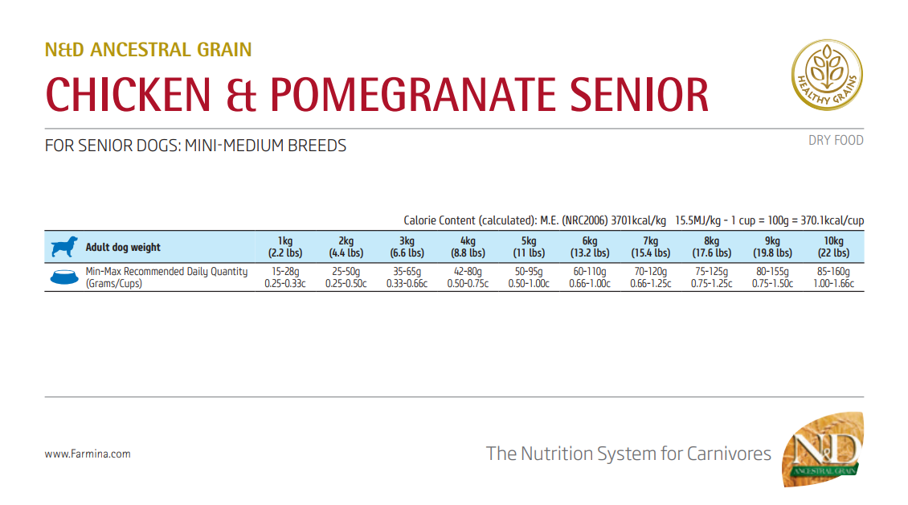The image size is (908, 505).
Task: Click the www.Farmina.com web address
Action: (88, 454)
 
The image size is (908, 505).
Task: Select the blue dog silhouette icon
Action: (64, 247)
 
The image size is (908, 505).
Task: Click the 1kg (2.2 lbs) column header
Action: (285, 247)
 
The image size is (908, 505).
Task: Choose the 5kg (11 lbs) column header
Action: (529, 247)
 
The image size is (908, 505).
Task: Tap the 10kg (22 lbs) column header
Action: (833, 247)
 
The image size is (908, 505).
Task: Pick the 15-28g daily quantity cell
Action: (285, 277)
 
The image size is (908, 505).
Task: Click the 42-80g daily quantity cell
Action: (468, 277)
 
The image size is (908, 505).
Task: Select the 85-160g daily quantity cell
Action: (833, 277)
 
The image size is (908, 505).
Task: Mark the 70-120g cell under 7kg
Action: (651, 277)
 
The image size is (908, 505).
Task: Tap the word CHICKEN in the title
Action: (129, 95)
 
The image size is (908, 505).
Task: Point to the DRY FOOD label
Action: (836, 141)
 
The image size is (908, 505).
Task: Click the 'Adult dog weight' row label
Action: (123, 248)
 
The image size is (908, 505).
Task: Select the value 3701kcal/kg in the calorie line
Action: (638, 220)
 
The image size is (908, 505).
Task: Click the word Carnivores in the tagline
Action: (729, 454)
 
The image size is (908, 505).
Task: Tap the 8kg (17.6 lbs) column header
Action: (712, 247)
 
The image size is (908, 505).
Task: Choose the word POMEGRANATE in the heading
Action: (413, 95)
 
